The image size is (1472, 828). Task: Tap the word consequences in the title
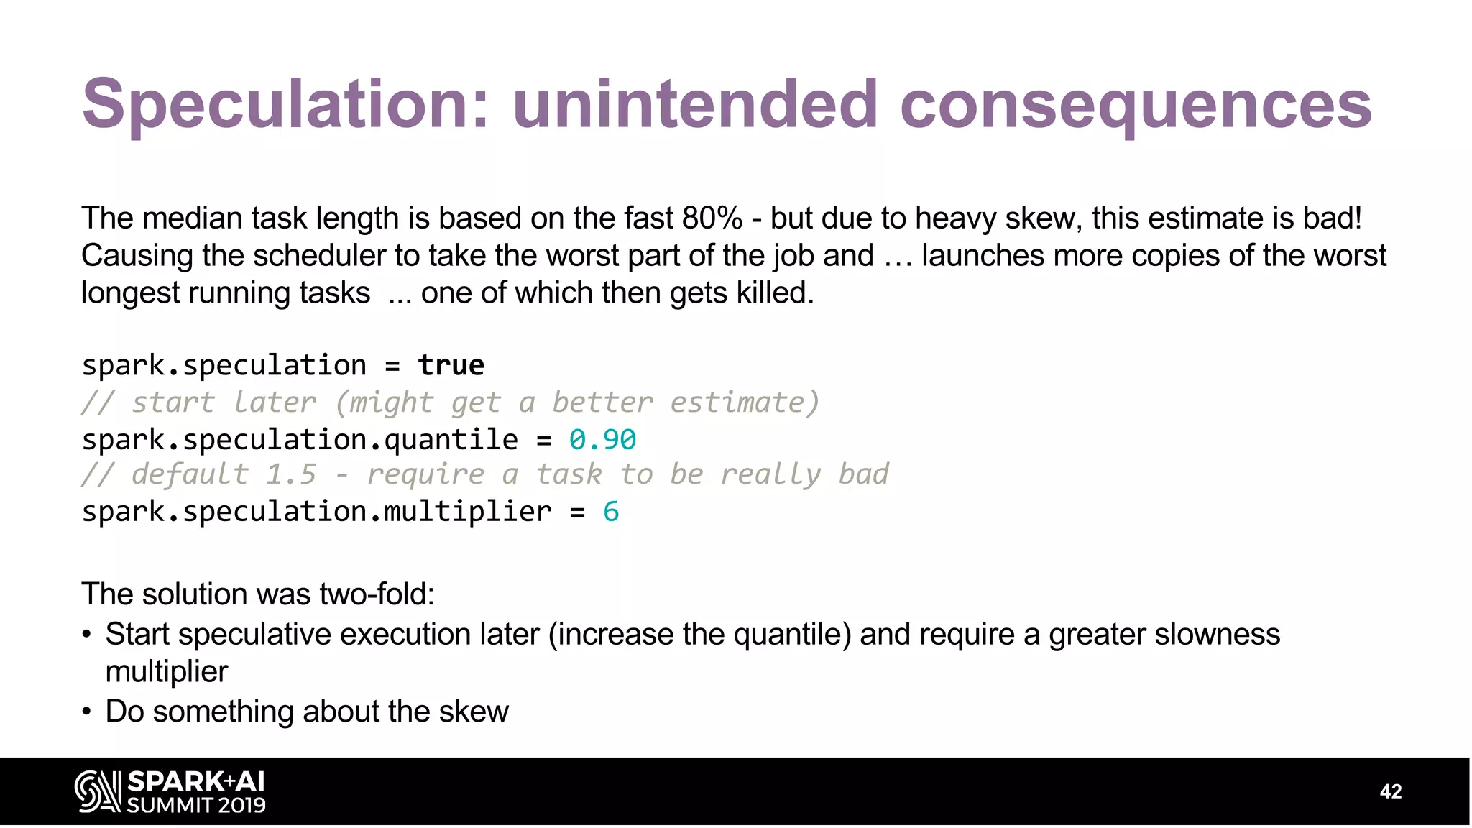point(1136,105)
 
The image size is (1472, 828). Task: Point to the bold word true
point(451,365)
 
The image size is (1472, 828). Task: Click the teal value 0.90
point(602,439)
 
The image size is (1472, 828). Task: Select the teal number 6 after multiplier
point(611,512)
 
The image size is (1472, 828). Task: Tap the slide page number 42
point(1391,791)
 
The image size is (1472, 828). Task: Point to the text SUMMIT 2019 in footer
point(196,805)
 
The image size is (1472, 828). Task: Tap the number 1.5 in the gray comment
point(291,474)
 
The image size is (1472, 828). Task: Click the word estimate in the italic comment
point(744,402)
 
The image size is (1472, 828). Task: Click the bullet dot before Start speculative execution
point(87,635)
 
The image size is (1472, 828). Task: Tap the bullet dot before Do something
point(87,712)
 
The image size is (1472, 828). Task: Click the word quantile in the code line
point(451,439)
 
